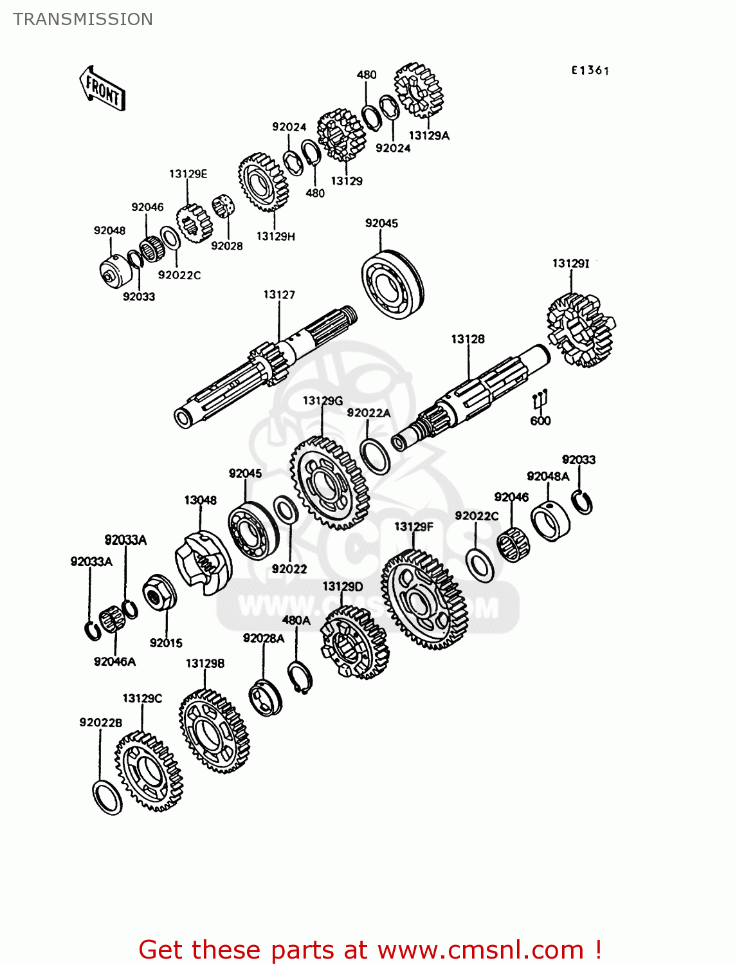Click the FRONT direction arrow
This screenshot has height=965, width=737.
click(x=102, y=89)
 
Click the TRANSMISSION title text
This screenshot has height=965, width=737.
click(x=83, y=19)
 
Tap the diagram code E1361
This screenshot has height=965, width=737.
click(x=590, y=70)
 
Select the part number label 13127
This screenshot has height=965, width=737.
click(x=279, y=295)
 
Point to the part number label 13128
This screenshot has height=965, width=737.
click(x=468, y=339)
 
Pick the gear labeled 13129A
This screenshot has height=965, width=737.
click(x=419, y=90)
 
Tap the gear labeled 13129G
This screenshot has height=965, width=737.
click(x=329, y=482)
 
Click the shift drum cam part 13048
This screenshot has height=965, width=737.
click(x=203, y=562)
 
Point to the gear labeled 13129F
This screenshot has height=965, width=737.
click(x=423, y=600)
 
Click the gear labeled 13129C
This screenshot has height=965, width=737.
click(x=149, y=771)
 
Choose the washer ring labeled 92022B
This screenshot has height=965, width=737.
click(x=107, y=797)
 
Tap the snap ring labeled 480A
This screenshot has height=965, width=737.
click(x=300, y=677)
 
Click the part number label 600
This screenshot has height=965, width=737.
click(x=540, y=421)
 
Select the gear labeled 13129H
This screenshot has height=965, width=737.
click(x=263, y=183)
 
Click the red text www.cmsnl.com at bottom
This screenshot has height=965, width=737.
click(x=480, y=950)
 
